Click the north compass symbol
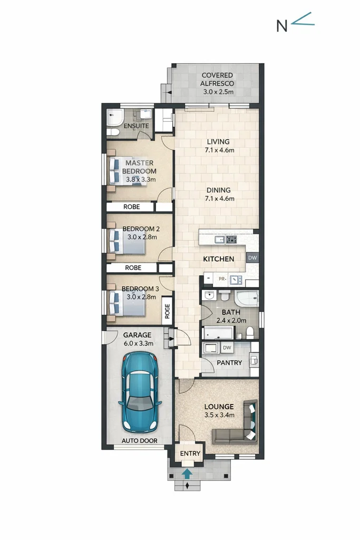pyautogui.click(x=295, y=23)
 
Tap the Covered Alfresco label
pyautogui.click(x=217, y=83)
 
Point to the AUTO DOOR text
pyautogui.click(x=139, y=440)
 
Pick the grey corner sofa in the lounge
pyautogui.click(x=238, y=426)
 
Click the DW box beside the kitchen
pyautogui.click(x=252, y=258)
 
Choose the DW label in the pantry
pyautogui.click(x=227, y=348)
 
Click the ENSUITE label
pyautogui.click(x=136, y=127)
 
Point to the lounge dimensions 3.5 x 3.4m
pyautogui.click(x=219, y=415)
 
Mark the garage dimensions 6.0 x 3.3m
pyautogui.click(x=138, y=343)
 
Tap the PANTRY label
pyautogui.click(x=230, y=363)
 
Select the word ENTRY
pyautogui.click(x=190, y=454)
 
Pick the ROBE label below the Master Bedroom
pyautogui.click(x=132, y=207)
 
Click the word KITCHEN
pyautogui.click(x=219, y=259)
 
